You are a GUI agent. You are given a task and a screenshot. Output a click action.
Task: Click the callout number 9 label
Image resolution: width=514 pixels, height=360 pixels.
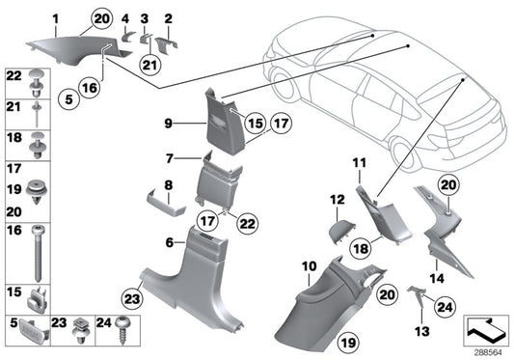pyautogui.click(x=168, y=124)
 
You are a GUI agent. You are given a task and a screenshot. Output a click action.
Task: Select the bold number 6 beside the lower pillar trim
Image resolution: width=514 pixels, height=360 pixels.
pyautogui.click(x=170, y=242)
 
